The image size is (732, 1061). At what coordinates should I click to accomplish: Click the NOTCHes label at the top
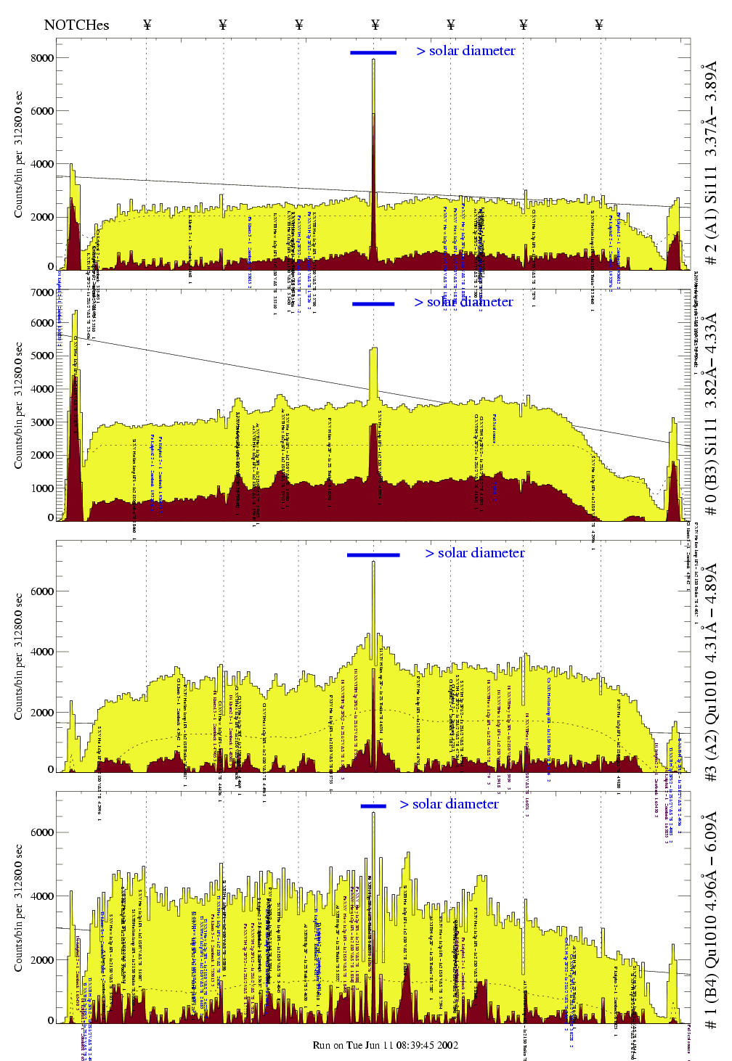(x=76, y=25)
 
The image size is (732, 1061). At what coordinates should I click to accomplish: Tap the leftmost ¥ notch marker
(x=147, y=25)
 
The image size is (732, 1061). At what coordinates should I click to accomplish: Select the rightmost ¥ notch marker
(x=599, y=25)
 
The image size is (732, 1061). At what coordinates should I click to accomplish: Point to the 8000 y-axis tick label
(x=42, y=58)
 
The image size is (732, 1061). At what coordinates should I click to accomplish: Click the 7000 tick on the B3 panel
(x=42, y=292)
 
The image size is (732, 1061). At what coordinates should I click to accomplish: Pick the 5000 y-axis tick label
(x=42, y=356)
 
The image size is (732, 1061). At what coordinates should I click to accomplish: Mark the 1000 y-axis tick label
(x=42, y=488)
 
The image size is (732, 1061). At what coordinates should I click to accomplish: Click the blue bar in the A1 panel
(x=373, y=52)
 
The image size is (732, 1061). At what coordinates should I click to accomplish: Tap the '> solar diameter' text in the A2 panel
(x=475, y=553)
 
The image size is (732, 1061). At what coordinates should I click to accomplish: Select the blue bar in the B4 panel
(x=373, y=806)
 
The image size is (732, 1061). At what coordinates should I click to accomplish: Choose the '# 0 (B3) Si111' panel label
(x=711, y=414)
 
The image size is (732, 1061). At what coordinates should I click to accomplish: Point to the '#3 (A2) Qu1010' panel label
(x=711, y=671)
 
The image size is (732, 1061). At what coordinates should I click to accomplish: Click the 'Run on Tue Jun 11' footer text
(x=385, y=1046)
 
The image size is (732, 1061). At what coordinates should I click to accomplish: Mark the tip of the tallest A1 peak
(x=374, y=60)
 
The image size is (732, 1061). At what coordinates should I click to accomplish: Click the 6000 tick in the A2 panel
(x=42, y=591)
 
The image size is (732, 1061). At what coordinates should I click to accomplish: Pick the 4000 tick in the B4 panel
(x=42, y=896)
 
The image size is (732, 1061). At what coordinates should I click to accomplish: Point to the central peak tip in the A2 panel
(x=374, y=562)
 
